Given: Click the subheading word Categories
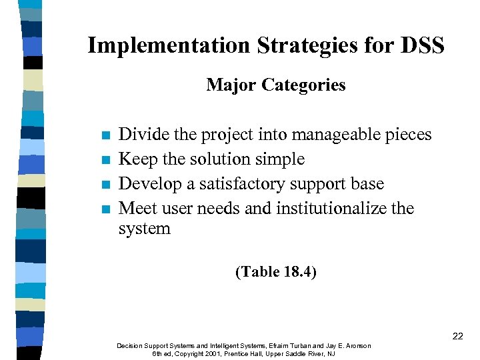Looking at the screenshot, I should tap(304, 85).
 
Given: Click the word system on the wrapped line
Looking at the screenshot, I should tap(144, 229).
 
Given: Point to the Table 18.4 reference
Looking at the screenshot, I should tap(276, 272).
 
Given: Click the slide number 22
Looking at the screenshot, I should tap(457, 336).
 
